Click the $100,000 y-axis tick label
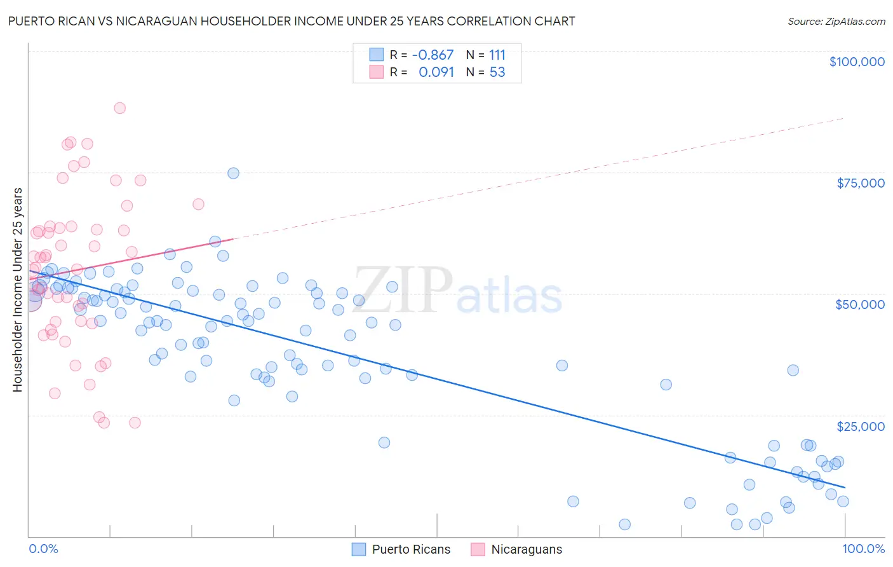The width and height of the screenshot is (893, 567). pyautogui.click(x=856, y=62)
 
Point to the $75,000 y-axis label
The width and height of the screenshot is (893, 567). pyautogui.click(x=860, y=183)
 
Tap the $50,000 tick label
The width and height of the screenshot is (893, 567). pyautogui.click(x=859, y=304)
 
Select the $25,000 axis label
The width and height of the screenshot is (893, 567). pyautogui.click(x=860, y=426)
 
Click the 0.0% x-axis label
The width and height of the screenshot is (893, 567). pyautogui.click(x=43, y=549)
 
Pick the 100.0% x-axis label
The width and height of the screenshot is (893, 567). pyautogui.click(x=863, y=549)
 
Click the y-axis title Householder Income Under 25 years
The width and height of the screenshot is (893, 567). pyautogui.click(x=17, y=289)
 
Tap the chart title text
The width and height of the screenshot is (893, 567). pyautogui.click(x=292, y=21)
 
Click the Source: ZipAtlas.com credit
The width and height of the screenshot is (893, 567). pyautogui.click(x=836, y=21)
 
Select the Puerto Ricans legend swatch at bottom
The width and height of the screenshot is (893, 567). pyautogui.click(x=359, y=549)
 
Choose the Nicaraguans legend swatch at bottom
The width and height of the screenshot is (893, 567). pyautogui.click(x=478, y=549)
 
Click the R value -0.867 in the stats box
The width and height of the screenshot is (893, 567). pyautogui.click(x=433, y=55)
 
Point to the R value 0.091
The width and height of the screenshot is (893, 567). pyautogui.click(x=436, y=72)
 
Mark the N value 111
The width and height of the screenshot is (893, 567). pyautogui.click(x=497, y=55)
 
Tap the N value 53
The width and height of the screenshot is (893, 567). pyautogui.click(x=497, y=72)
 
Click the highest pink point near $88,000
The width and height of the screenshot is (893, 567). pyautogui.click(x=119, y=108)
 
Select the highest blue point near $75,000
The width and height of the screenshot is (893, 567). pyautogui.click(x=233, y=173)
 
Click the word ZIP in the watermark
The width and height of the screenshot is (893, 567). pyautogui.click(x=403, y=290)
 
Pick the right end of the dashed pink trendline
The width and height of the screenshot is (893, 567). pyautogui.click(x=843, y=118)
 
